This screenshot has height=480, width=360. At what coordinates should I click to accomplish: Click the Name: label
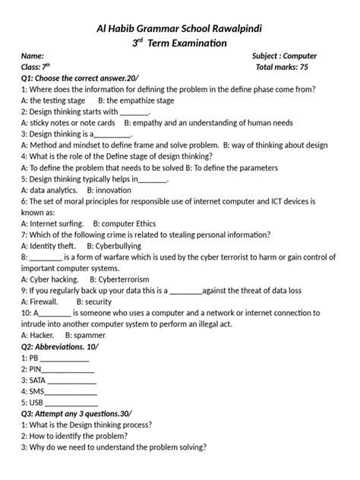pyautogui.click(x=32, y=56)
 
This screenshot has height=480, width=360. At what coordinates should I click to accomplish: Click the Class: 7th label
pyautogui.click(x=35, y=67)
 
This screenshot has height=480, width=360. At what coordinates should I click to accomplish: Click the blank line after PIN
pyautogui.click(x=69, y=368)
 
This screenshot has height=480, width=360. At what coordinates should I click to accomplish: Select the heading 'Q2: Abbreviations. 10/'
pyautogui.click(x=61, y=346)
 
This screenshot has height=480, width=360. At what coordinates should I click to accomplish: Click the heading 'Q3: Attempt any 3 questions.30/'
pyautogui.click(x=80, y=414)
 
